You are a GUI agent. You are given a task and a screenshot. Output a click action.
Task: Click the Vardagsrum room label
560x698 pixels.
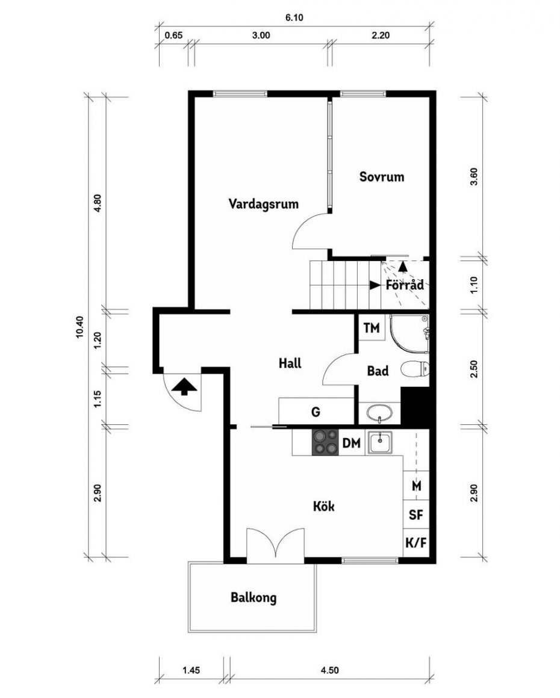click(263, 205)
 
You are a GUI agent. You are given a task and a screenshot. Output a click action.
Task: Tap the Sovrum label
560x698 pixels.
click(382, 177)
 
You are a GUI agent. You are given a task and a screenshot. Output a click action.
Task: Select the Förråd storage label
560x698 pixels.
click(405, 285)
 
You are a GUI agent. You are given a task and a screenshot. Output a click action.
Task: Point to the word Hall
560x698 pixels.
click(290, 363)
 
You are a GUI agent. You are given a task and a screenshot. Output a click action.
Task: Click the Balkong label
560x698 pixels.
click(254, 598)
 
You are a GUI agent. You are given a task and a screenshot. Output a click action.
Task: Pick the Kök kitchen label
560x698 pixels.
click(324, 506)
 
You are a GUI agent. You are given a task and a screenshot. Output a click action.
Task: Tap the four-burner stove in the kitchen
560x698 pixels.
click(325, 442)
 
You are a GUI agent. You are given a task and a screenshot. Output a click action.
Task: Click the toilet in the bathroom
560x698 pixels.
click(415, 369)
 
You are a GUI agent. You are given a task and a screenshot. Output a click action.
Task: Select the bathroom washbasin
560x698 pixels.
click(379, 413)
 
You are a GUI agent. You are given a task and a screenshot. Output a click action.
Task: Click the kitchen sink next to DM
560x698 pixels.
click(379, 442)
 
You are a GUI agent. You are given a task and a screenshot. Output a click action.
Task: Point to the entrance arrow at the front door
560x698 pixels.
click(184, 386)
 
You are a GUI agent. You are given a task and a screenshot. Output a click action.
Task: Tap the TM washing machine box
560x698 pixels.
click(372, 328)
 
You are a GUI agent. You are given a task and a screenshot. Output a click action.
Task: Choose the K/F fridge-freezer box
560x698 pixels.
click(416, 543)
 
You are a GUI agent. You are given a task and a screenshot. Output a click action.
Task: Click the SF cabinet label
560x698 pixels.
click(415, 515)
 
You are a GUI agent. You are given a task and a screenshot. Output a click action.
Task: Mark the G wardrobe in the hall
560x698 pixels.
click(316, 411)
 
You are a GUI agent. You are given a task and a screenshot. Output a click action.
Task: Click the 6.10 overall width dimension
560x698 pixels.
click(294, 18)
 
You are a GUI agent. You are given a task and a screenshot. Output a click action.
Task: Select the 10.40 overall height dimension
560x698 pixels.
click(79, 327)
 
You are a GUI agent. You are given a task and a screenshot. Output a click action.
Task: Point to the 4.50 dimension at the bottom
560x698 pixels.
click(329, 670)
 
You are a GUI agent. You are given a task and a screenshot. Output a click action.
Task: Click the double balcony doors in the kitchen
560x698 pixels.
click(276, 543)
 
